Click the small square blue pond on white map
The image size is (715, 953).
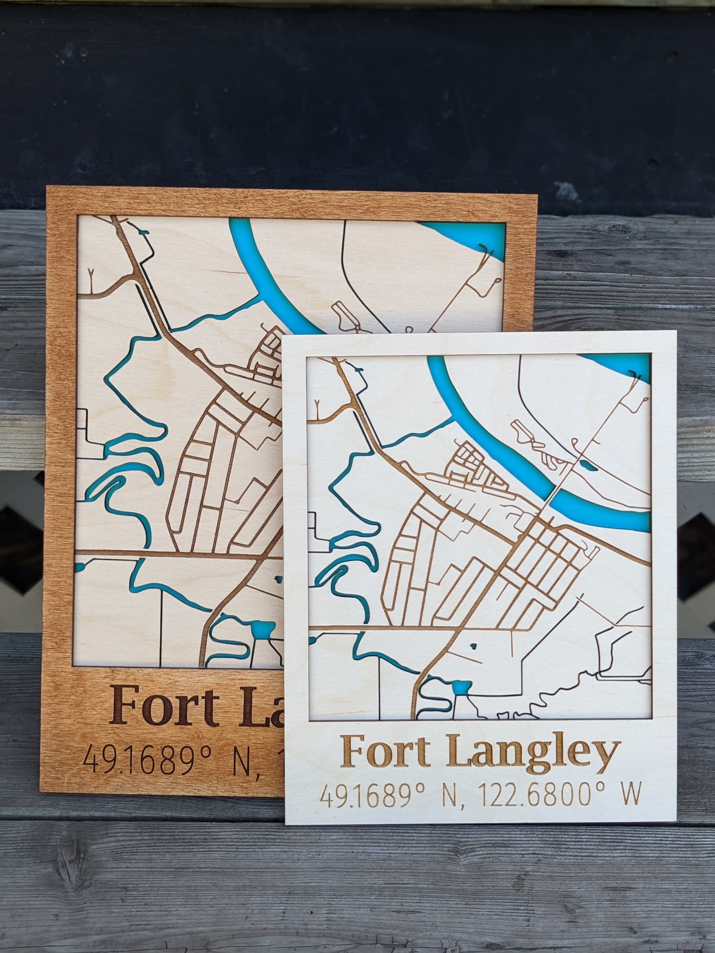coord(459,687)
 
